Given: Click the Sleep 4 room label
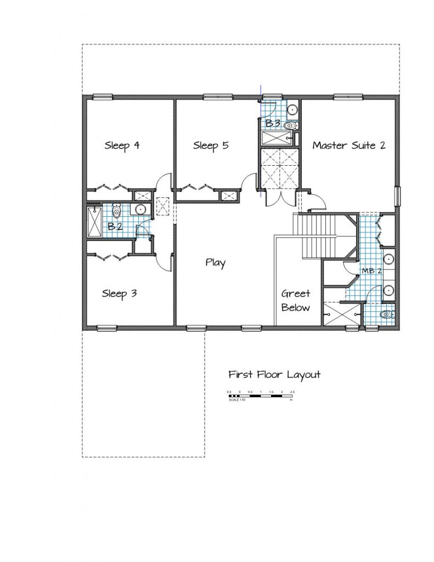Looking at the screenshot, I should click(x=121, y=146).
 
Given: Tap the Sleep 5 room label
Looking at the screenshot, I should click(x=211, y=146).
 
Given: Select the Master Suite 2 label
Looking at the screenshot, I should click(x=348, y=145).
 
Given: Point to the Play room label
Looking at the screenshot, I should click(x=215, y=263).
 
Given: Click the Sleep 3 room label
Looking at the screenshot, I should click(x=119, y=294).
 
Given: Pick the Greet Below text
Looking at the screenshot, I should click(x=296, y=301).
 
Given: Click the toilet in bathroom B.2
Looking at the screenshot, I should click(x=116, y=211).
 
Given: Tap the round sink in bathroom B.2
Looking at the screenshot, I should click(x=140, y=209).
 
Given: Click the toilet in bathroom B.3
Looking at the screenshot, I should click(x=291, y=126).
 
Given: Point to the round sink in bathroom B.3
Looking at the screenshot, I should click(x=292, y=109).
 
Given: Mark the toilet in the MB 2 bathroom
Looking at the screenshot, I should click(x=387, y=314).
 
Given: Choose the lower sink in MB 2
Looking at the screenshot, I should click(x=388, y=290).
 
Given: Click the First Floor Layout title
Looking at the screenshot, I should click(x=274, y=375).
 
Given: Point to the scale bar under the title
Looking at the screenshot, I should click(x=261, y=394).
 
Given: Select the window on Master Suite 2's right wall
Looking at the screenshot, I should click(x=398, y=195).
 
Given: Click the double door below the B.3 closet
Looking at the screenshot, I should click(x=279, y=198).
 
